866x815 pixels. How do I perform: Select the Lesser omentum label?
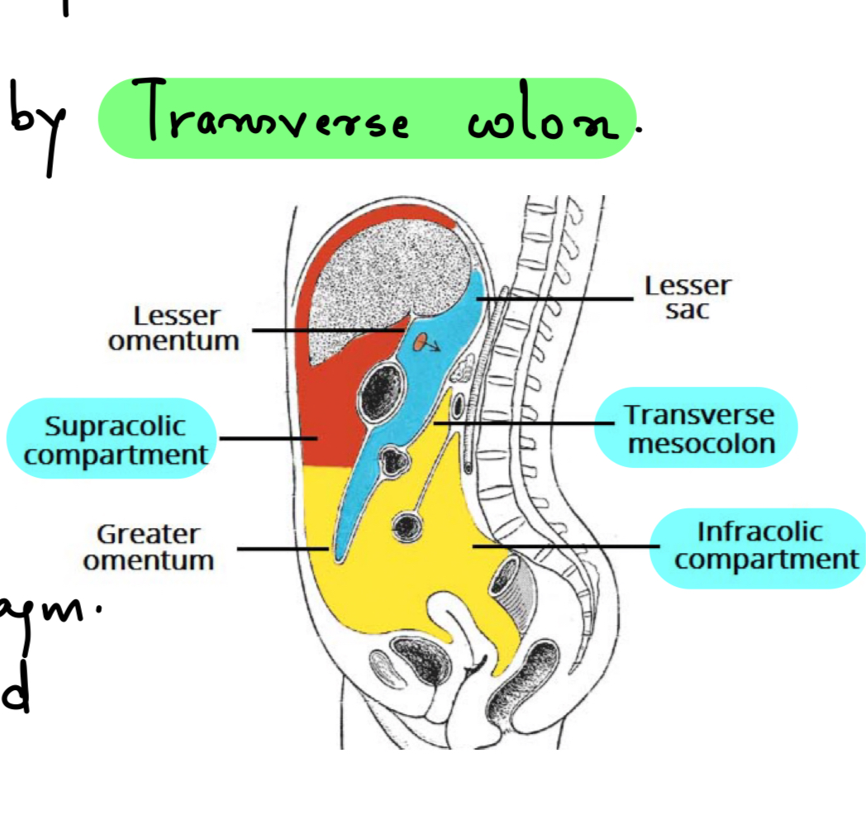coord(174,328)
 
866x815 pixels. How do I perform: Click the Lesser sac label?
coord(688,298)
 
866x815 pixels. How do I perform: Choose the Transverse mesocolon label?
coord(699,429)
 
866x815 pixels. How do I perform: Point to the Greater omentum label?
coord(149,547)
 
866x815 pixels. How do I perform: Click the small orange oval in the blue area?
coord(421,341)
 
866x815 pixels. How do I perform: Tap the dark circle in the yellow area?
coord(408,525)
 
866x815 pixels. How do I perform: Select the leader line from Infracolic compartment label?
coord(562,546)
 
